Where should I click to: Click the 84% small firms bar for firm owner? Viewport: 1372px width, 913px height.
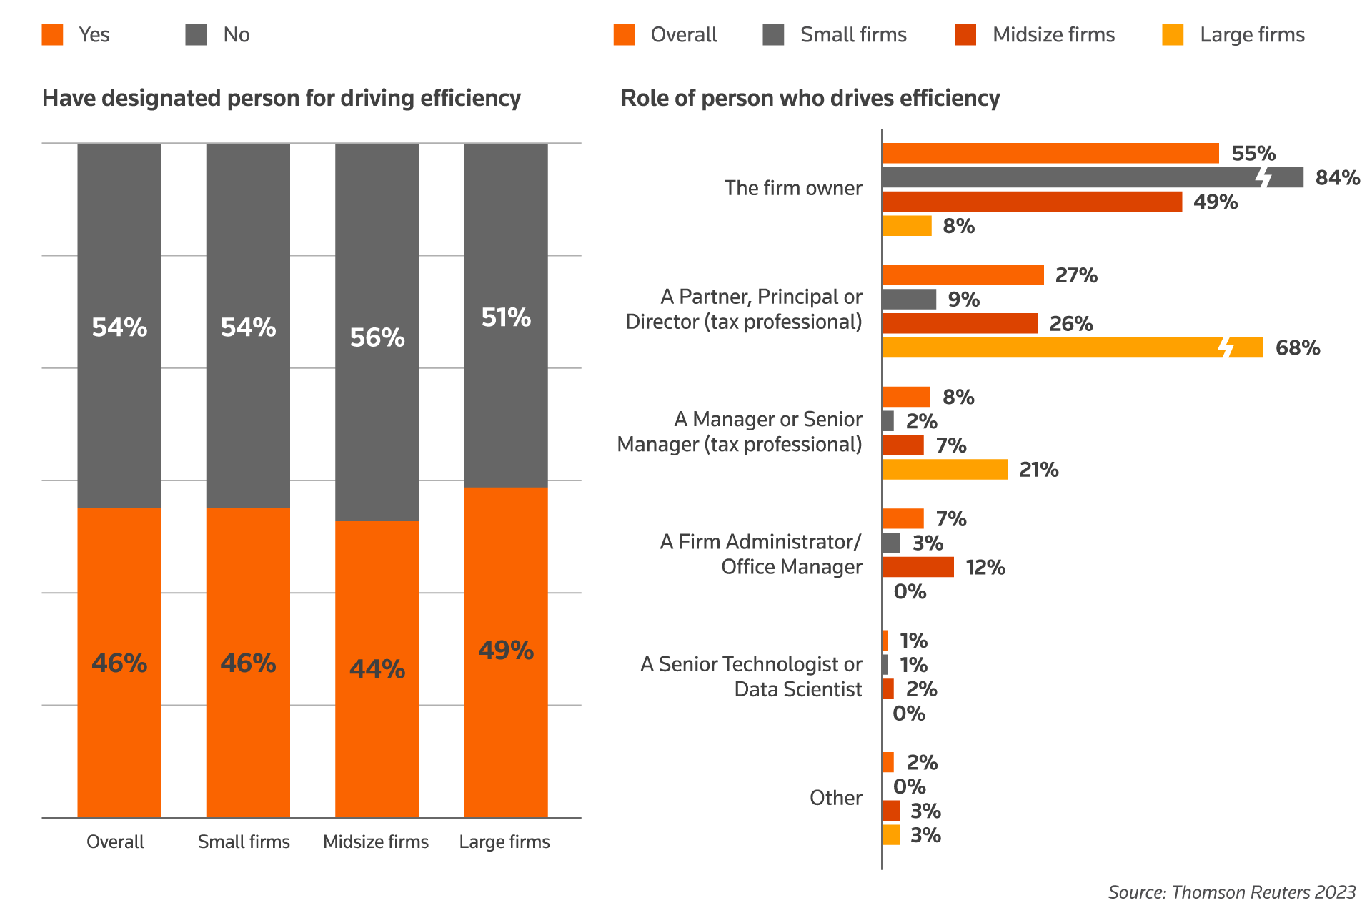click(1072, 177)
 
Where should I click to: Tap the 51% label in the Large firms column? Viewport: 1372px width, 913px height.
click(506, 317)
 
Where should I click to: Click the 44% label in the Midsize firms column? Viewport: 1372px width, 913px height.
click(377, 669)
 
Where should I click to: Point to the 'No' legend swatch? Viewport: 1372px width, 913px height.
click(196, 35)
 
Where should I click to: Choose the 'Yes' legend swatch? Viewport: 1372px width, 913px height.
click(53, 35)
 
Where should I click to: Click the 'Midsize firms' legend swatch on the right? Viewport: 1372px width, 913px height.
click(965, 35)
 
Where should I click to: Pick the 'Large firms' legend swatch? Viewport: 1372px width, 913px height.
click(1173, 35)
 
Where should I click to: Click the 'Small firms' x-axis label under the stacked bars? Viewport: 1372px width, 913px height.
click(244, 842)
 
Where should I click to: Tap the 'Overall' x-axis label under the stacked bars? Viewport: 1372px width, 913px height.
click(115, 842)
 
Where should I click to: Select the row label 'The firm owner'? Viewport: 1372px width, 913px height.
click(793, 188)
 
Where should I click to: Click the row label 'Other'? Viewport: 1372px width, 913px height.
click(835, 798)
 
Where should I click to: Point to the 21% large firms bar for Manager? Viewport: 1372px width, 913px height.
click(945, 470)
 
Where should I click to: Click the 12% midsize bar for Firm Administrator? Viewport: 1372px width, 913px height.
click(918, 567)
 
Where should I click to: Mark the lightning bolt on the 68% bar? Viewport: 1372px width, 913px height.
click(1227, 346)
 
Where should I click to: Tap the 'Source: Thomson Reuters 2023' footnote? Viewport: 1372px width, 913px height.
click(1231, 892)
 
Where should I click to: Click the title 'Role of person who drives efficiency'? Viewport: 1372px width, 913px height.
click(810, 98)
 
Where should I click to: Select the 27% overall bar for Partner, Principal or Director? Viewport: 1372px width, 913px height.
click(963, 275)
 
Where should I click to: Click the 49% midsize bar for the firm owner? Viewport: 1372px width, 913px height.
click(1032, 202)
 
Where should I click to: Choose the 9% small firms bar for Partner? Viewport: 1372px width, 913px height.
click(909, 300)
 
